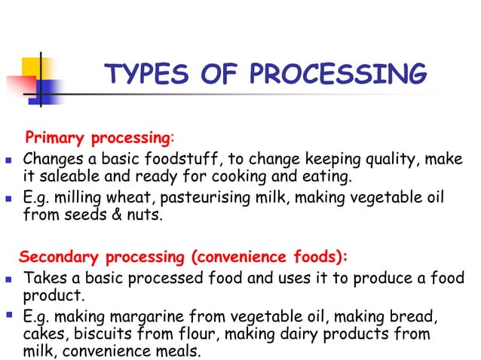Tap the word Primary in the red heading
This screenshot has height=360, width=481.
tap(56, 139)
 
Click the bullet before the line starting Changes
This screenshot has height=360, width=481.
tap(8, 160)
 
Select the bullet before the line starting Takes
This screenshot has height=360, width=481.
tap(8, 279)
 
